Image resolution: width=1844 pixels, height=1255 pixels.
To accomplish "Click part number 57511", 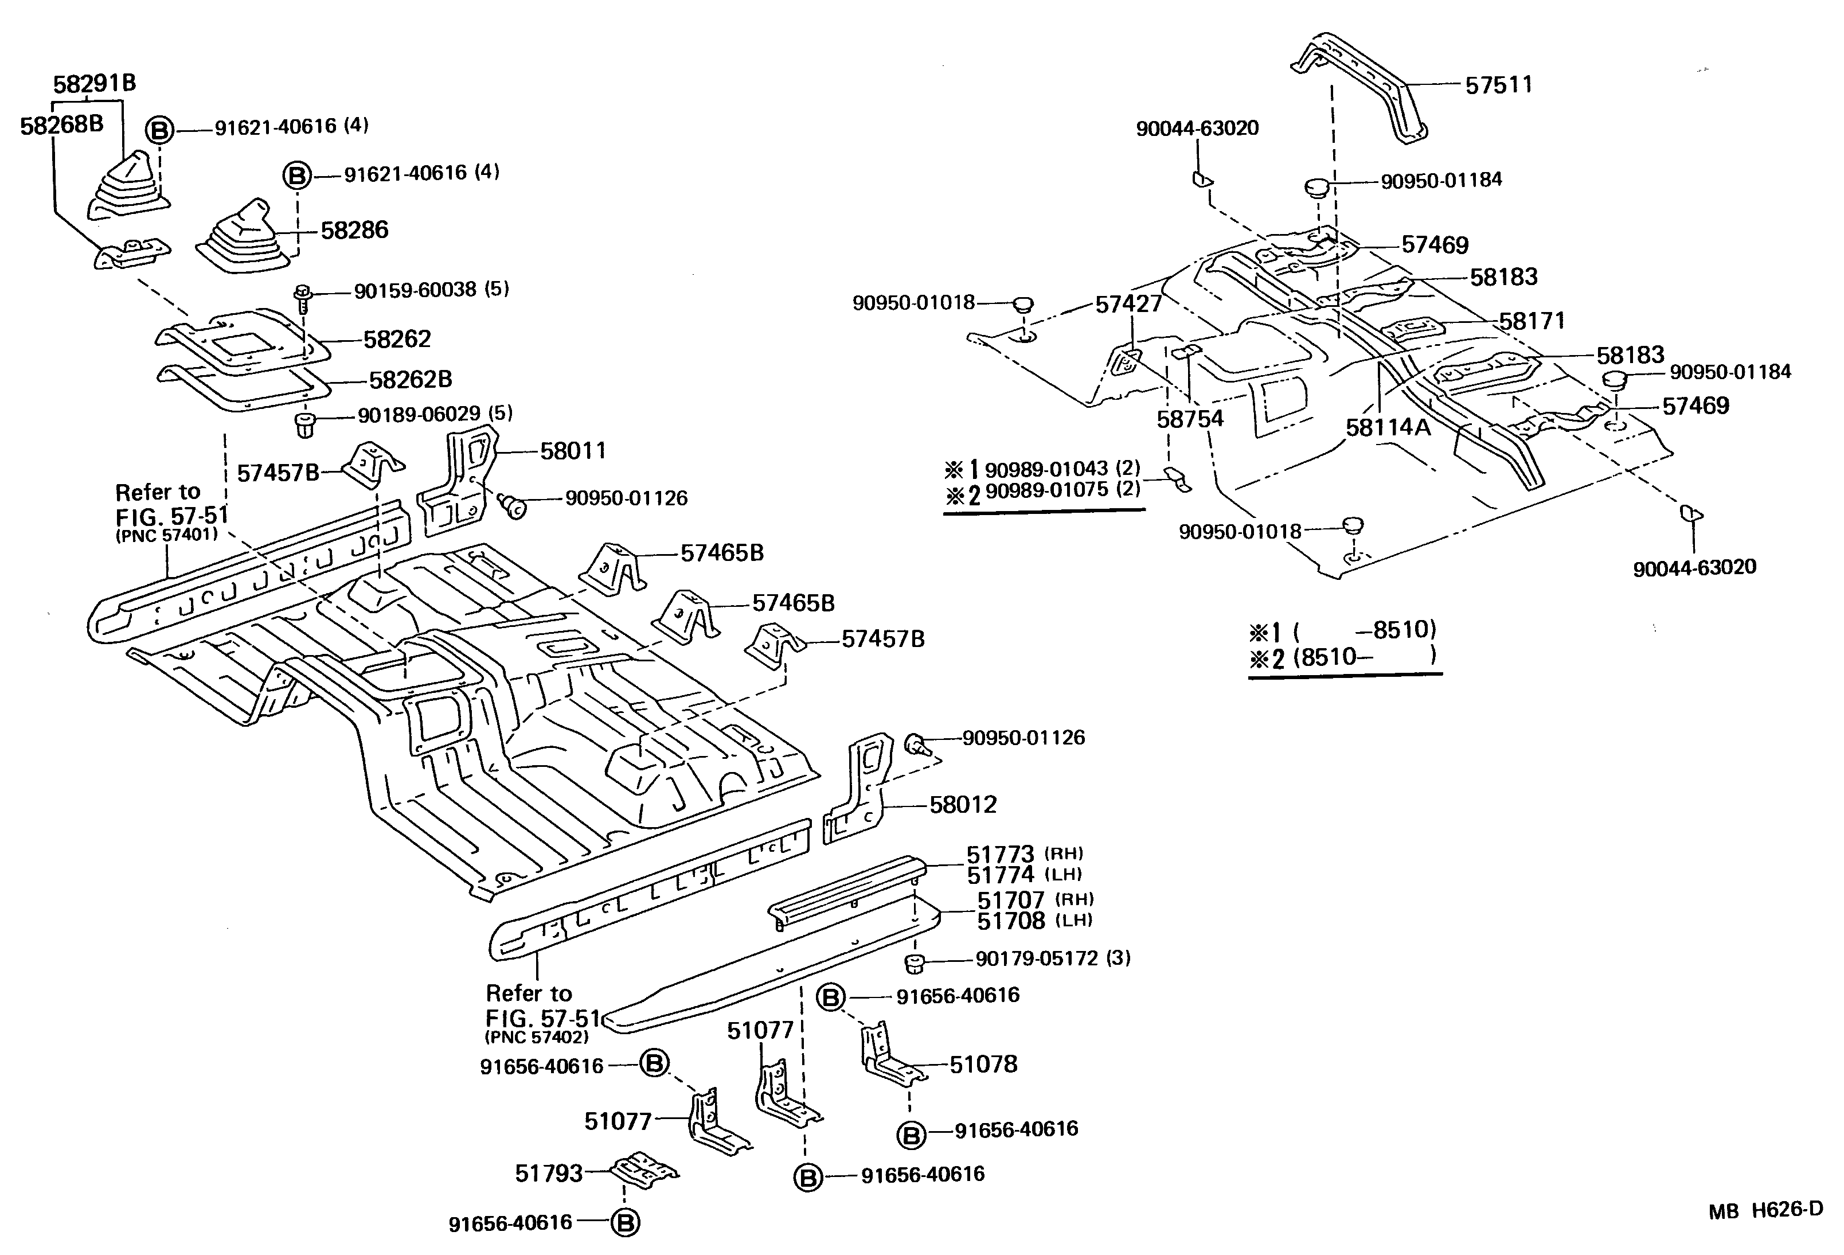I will tap(1498, 85).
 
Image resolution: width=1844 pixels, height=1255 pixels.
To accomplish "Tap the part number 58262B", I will tap(410, 380).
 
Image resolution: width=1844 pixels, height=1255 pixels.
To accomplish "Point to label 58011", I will tap(573, 451).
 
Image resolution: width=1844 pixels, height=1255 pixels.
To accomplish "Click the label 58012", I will tap(963, 805).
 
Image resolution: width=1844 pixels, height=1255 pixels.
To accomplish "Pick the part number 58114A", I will tap(1388, 427).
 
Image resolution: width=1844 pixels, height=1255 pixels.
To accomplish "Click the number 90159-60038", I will tap(415, 290).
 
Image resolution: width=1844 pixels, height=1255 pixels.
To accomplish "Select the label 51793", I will tap(549, 1173).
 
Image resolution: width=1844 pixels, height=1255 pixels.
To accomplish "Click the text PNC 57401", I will tap(167, 534).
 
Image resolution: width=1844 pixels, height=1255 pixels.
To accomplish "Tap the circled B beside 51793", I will tap(624, 1222).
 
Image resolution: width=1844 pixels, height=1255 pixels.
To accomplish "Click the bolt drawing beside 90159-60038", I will tap(302, 298).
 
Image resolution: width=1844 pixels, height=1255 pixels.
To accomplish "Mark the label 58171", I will tap(1532, 321).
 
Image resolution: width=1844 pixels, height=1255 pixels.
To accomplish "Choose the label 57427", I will tap(1128, 304).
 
